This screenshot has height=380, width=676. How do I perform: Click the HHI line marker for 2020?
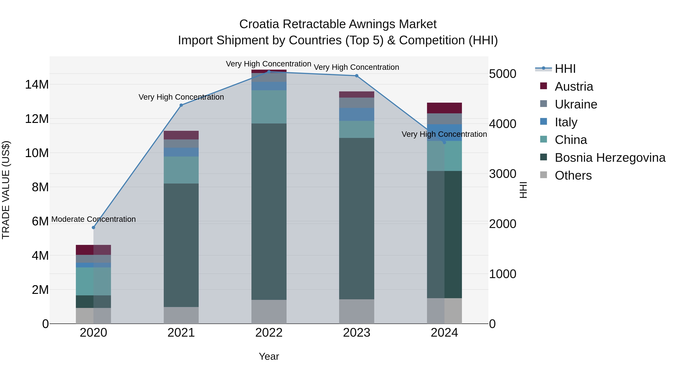click(x=94, y=227)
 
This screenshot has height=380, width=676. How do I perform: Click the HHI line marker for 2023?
click(x=356, y=76)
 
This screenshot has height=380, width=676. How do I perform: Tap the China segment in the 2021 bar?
click(x=181, y=170)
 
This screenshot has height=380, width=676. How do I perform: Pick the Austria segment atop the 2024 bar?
click(x=444, y=108)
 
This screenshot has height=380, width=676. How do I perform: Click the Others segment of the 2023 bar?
click(x=356, y=311)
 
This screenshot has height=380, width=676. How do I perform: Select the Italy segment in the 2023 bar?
click(x=356, y=114)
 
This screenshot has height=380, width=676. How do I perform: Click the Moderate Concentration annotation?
click(x=94, y=219)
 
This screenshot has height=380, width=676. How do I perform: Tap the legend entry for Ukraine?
click(x=576, y=104)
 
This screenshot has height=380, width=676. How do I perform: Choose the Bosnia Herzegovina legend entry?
click(x=610, y=158)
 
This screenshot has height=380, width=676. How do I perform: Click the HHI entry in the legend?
click(x=565, y=69)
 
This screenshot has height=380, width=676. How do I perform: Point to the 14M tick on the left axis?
click(x=37, y=85)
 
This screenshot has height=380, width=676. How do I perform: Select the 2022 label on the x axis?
click(x=269, y=333)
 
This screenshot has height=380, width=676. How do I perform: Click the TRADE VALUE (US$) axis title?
click(x=6, y=190)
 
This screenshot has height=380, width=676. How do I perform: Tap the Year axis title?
click(x=269, y=356)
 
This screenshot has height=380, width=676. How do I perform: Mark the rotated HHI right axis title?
click(x=523, y=190)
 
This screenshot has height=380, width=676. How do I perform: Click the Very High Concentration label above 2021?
click(x=181, y=97)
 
